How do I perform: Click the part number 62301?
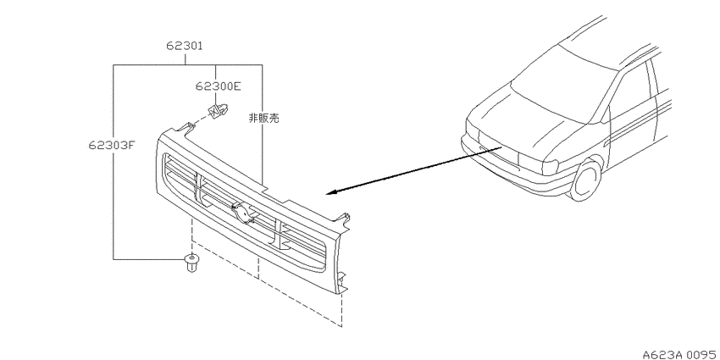coord(185,46)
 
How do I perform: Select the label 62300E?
coord(218,86)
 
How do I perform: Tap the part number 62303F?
coord(112,145)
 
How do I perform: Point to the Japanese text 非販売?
coord(263,118)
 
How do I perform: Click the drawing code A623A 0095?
coord(680,354)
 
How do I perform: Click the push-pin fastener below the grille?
coord(191,262)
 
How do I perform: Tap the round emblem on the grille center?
coord(241,213)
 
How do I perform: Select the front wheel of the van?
coord(586,180)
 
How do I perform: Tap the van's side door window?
coord(630,97)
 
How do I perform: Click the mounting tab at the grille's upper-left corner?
coord(186,129)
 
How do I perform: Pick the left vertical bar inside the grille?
coord(197,187)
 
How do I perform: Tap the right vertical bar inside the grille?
coord(280,235)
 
